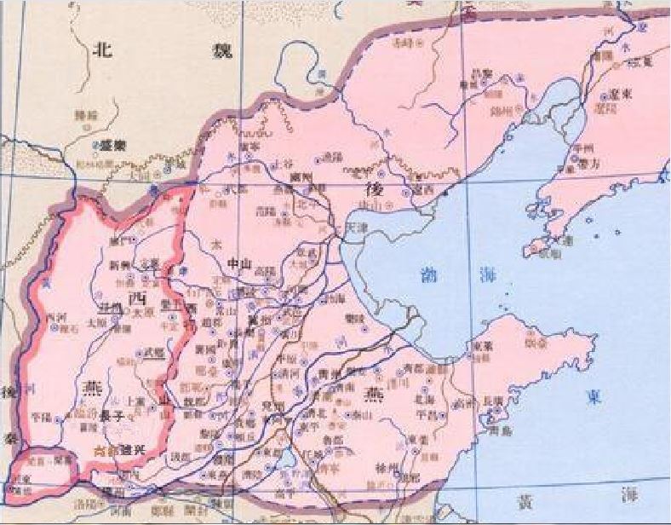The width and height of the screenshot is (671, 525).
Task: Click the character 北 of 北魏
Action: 103,49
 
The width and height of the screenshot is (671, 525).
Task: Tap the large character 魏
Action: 204,50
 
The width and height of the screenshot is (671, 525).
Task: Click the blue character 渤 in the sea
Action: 428,274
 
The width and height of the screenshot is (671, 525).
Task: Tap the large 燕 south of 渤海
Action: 374,393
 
